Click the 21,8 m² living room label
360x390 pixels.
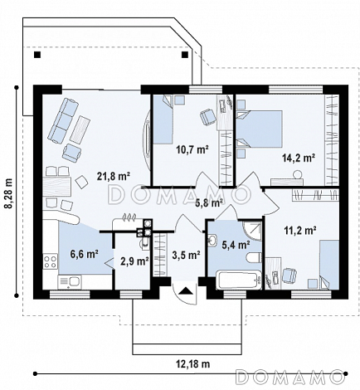click(114, 176)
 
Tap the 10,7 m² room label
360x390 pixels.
click(192, 149)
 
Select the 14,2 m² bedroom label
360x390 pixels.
click(299, 158)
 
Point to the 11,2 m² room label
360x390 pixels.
click(300, 230)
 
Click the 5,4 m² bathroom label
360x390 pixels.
click(236, 245)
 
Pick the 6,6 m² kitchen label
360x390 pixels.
click(85, 254)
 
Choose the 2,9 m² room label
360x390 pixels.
click(135, 261)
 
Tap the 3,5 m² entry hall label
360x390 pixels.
click(186, 255)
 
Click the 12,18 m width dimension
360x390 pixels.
click(192, 363)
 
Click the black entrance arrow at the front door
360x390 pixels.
click(185, 290)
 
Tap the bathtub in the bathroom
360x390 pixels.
click(239, 280)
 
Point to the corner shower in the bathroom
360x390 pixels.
click(251, 230)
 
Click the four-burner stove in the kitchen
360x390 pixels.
click(51, 262)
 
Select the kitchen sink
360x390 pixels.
click(69, 282)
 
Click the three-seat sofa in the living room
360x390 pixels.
click(63, 120)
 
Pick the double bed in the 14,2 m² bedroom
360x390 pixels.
click(259, 128)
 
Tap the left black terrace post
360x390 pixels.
click(37, 55)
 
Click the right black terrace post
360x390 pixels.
click(185, 55)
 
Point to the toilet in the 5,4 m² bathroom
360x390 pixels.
click(254, 257)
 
